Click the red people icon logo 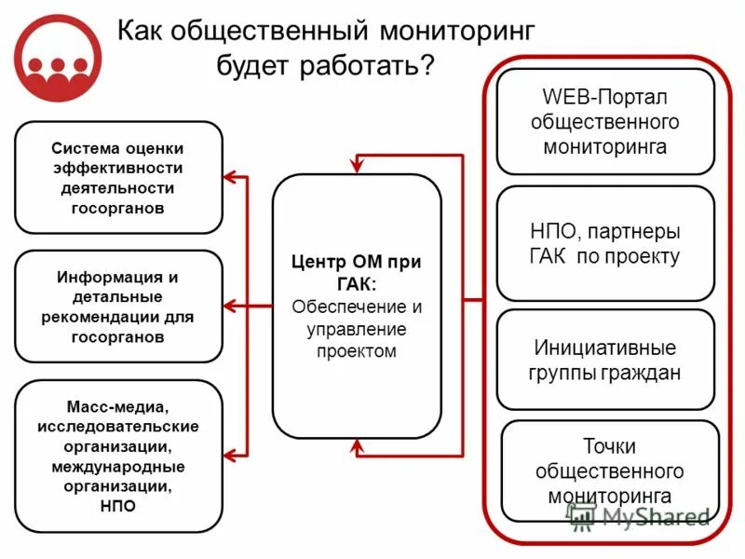pyautogui.click(x=59, y=58)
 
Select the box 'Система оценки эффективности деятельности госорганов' pyautogui.click(x=118, y=178)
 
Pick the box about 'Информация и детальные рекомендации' pyautogui.click(x=118, y=307)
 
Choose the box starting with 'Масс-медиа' pyautogui.click(x=118, y=456)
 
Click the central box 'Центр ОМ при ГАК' pyautogui.click(x=356, y=307)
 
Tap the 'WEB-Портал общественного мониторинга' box pyautogui.click(x=605, y=122)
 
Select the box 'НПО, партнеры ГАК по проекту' pyautogui.click(x=605, y=243)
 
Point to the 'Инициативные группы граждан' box pyautogui.click(x=605, y=360)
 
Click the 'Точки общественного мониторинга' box pyautogui.click(x=610, y=471)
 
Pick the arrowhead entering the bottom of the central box pyautogui.click(x=356, y=446)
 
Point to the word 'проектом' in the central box pyautogui.click(x=356, y=351)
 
